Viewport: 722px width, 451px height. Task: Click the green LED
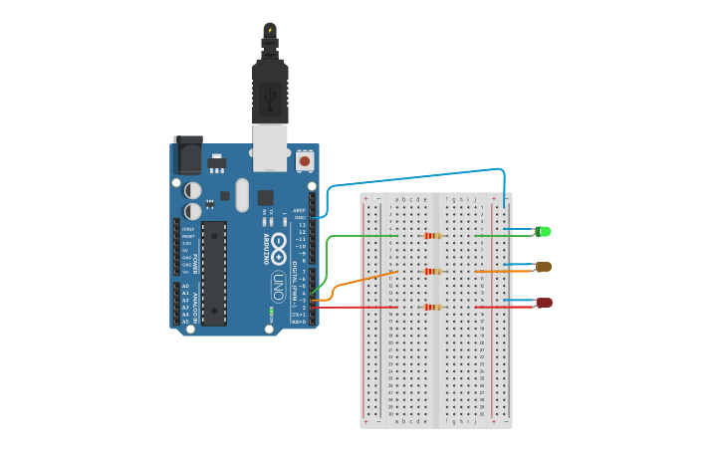click(543, 232)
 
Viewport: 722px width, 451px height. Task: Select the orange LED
click(543, 267)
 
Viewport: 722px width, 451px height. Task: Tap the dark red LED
click(544, 302)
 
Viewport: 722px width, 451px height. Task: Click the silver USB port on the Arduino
click(270, 145)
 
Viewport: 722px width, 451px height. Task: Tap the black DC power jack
click(187, 155)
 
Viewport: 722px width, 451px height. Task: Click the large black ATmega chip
click(214, 273)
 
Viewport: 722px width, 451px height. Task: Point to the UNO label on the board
click(279, 287)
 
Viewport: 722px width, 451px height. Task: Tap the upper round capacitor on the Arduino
click(193, 189)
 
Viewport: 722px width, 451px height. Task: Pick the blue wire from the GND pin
click(418, 176)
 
